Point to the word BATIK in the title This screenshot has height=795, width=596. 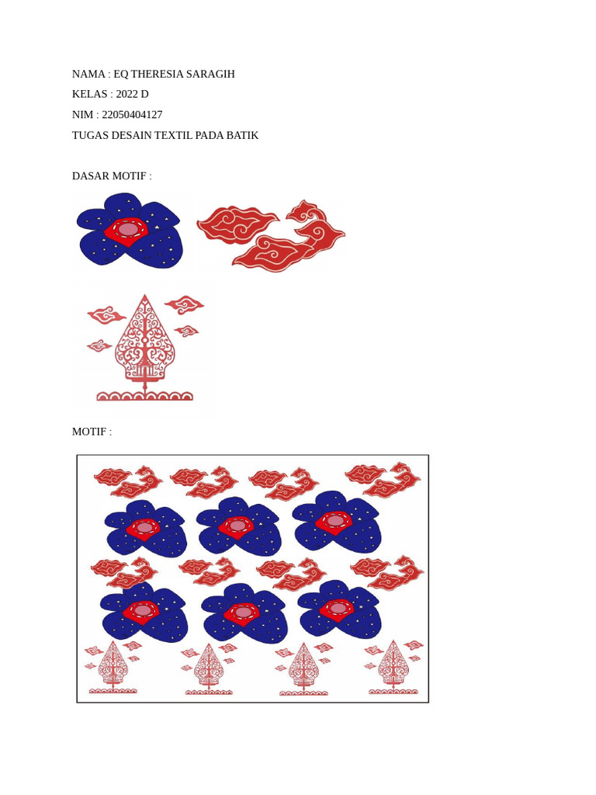point(242,135)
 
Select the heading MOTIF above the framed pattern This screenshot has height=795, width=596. point(92,432)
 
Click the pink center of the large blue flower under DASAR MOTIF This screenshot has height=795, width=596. point(128,230)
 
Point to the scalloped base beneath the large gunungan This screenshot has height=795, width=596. point(144,396)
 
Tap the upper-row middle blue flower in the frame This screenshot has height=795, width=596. point(237,526)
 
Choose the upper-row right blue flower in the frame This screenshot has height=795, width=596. point(336,520)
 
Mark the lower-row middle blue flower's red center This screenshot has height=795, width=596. point(243,613)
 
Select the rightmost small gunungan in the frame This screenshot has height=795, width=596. point(393,666)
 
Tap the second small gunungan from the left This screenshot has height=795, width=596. point(209,668)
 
